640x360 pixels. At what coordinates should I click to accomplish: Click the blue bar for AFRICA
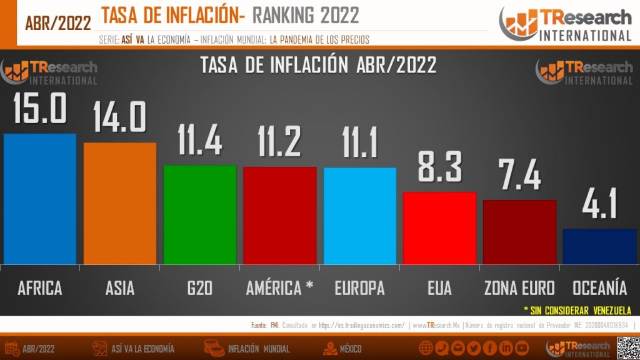coord(40,199)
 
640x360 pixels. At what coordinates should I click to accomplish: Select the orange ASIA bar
coord(120,203)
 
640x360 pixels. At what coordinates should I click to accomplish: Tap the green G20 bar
coord(200,214)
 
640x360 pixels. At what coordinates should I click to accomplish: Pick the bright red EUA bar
coord(439,227)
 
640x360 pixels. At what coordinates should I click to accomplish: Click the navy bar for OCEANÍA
coord(599,246)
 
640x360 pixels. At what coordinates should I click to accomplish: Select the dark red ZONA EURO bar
coord(519,232)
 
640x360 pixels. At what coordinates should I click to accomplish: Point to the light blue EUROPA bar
coord(359,216)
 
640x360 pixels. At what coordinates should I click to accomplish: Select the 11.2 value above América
coord(279,141)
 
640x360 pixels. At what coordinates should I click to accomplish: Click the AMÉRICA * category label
coord(279,288)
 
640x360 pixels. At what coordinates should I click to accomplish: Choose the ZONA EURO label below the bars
coord(519,288)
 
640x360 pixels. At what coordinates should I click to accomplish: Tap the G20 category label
coord(200,288)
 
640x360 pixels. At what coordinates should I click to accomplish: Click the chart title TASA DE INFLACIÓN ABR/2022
coord(318,65)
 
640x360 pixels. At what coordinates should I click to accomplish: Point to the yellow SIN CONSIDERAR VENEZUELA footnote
coord(577,310)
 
